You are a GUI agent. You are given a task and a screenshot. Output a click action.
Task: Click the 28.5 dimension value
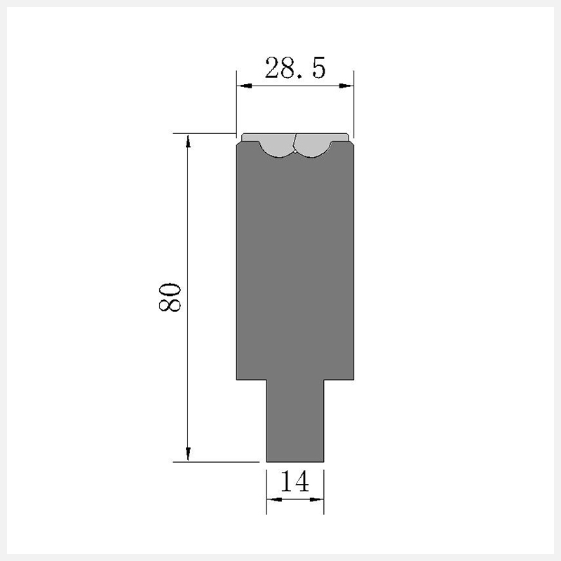[x=295, y=67]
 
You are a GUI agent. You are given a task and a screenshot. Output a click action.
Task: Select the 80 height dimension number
[x=170, y=297]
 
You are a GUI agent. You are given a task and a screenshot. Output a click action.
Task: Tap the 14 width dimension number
[x=295, y=481]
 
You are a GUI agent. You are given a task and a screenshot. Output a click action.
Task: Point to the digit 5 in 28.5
[x=319, y=67]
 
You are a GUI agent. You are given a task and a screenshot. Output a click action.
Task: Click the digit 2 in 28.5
[x=272, y=67]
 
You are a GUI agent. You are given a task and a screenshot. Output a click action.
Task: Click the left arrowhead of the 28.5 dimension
[x=245, y=86]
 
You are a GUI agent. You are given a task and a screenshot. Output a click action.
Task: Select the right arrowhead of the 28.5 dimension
[x=346, y=86]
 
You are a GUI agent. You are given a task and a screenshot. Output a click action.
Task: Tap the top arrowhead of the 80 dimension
[x=188, y=141]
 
